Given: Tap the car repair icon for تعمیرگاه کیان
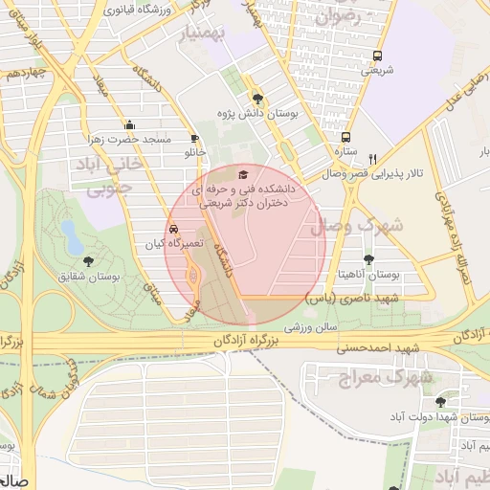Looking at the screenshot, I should [x=172, y=230].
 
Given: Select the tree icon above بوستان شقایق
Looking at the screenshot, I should [x=88, y=260].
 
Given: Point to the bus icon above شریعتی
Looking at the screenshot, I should [x=377, y=56].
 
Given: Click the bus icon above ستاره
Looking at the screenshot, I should [x=345, y=137].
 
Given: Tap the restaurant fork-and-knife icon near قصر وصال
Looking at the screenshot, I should [x=374, y=159].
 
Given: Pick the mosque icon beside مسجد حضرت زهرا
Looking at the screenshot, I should [x=129, y=124].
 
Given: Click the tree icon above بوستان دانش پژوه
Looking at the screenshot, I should [x=256, y=98].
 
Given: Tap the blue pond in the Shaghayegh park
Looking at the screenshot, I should [x=71, y=233].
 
